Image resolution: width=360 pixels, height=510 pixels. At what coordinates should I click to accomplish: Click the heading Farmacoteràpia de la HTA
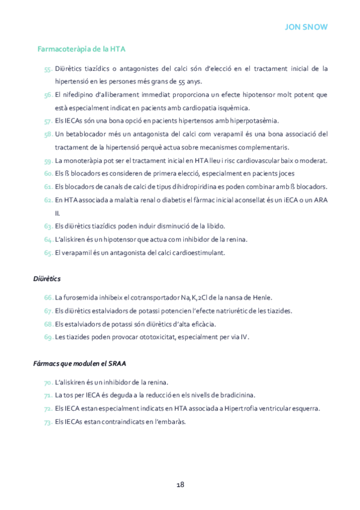coord(81,49)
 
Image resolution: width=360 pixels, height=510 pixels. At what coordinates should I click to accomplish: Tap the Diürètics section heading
coord(46,279)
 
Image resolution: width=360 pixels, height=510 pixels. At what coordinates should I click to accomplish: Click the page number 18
coord(180,485)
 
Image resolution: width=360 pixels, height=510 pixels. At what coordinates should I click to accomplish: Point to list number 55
coord(47,69)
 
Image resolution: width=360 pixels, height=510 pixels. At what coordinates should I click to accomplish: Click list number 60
coord(47,173)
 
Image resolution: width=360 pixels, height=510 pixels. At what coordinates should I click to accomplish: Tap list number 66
coord(47,298)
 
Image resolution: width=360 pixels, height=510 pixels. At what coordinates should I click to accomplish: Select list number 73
coord(47,422)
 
